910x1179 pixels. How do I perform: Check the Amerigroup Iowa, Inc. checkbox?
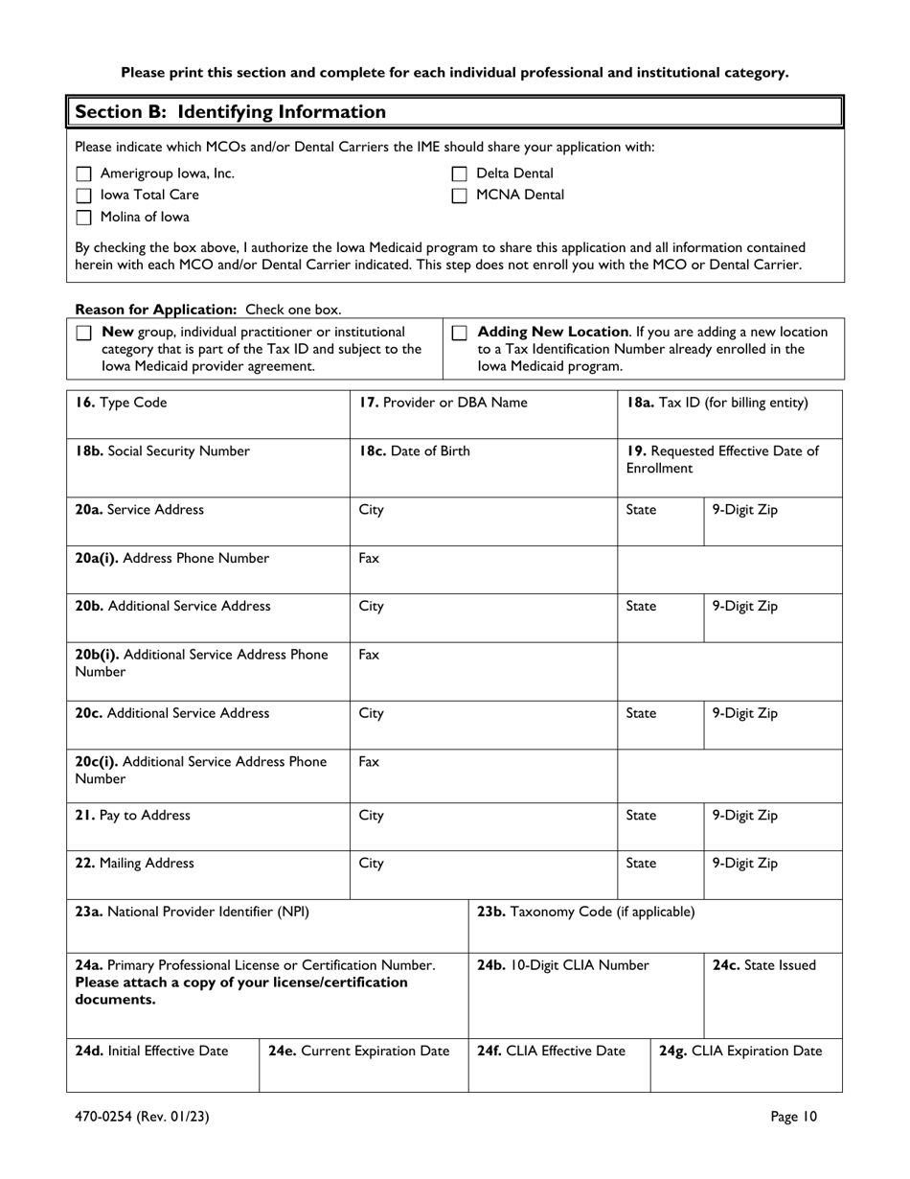coord(83,174)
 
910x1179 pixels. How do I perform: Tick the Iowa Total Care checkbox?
coord(83,196)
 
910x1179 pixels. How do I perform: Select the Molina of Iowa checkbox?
coord(83,217)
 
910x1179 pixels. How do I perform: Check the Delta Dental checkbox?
coord(460,174)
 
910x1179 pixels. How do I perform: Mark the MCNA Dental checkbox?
coord(460,196)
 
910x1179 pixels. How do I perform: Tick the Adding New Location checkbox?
coord(460,333)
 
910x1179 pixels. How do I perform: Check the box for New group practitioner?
coord(83,333)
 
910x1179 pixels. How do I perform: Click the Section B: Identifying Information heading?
coord(230,112)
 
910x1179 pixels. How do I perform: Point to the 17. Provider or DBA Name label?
coord(443,404)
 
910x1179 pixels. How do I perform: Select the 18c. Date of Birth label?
coord(414,451)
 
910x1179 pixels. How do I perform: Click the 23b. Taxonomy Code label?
coord(585,912)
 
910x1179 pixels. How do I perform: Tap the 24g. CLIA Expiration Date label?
coord(740,1051)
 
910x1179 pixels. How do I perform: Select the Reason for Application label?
coord(157,310)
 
